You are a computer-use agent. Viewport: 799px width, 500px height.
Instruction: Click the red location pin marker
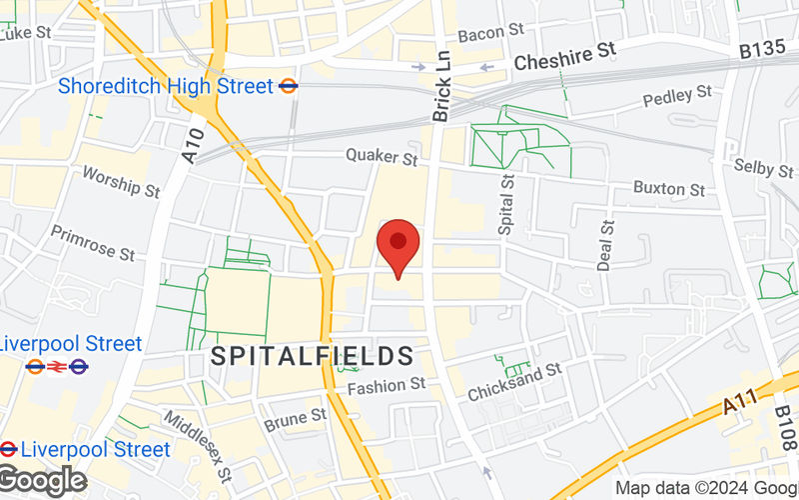pyautogui.click(x=399, y=248)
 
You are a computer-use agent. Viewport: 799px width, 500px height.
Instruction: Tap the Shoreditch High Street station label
pyautogui.click(x=165, y=87)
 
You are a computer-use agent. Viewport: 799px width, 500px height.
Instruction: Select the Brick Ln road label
pyautogui.click(x=440, y=88)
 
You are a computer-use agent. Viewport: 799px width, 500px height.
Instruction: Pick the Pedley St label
pyautogui.click(x=677, y=96)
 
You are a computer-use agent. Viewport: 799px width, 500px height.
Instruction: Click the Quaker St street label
pyautogui.click(x=382, y=157)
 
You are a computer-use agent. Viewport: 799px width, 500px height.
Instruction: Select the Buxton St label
pyautogui.click(x=669, y=188)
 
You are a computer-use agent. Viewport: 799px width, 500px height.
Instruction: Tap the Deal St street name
pyautogui.click(x=604, y=246)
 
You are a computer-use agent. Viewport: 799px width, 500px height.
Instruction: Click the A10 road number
pyautogui.click(x=192, y=145)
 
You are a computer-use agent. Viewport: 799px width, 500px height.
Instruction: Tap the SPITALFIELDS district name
pyautogui.click(x=313, y=355)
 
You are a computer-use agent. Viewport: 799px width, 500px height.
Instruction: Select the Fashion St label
pyautogui.click(x=386, y=385)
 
